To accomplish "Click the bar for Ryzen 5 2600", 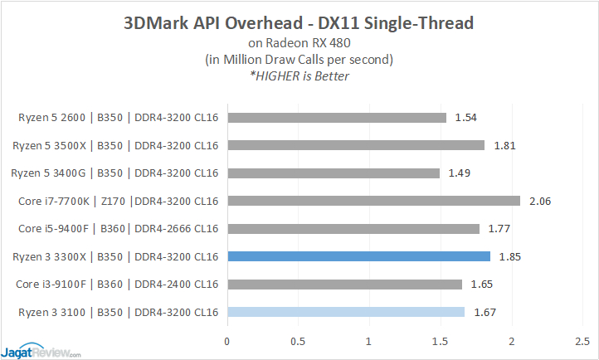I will pyautogui.click(x=336, y=118).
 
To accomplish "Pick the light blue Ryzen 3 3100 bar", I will pyautogui.click(x=345, y=312).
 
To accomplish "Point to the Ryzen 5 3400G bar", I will pyautogui.click(x=333, y=173).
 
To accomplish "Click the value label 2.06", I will pyautogui.click(x=540, y=201).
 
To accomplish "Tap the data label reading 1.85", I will pyautogui.click(x=511, y=256).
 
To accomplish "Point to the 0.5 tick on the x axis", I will pyautogui.click(x=298, y=341).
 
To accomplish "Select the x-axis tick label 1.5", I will pyautogui.click(x=441, y=341).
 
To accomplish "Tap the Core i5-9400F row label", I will pyautogui.click(x=117, y=229).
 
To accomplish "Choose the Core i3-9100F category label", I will pyautogui.click(x=117, y=285).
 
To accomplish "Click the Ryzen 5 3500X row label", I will pyautogui.click(x=117, y=146).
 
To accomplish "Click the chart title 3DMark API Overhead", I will pyautogui.click(x=299, y=22).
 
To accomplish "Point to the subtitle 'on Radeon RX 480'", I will pyautogui.click(x=299, y=43).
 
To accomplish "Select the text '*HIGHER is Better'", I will pyautogui.click(x=299, y=76).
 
